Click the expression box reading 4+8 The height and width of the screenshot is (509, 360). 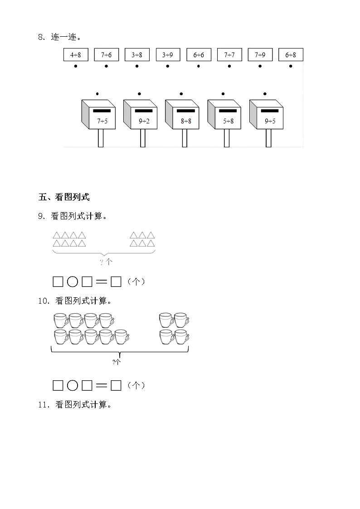click(75, 55)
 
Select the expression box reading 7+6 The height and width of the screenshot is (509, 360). click(106, 55)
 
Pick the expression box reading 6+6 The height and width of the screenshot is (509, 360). click(199, 55)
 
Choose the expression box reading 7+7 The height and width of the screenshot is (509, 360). click(229, 55)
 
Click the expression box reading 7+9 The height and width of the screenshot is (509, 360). click(260, 55)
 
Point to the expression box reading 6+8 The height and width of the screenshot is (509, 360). click(291, 55)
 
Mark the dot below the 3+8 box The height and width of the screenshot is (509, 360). click(137, 66)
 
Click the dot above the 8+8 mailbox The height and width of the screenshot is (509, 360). click(181, 94)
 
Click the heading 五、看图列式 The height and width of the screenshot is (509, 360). click(64, 197)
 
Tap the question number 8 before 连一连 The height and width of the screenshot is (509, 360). click(40, 38)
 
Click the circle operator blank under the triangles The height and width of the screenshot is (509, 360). click(73, 282)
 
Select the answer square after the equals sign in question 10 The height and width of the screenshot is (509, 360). click(116, 386)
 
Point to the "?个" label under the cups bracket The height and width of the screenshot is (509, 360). click(117, 362)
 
